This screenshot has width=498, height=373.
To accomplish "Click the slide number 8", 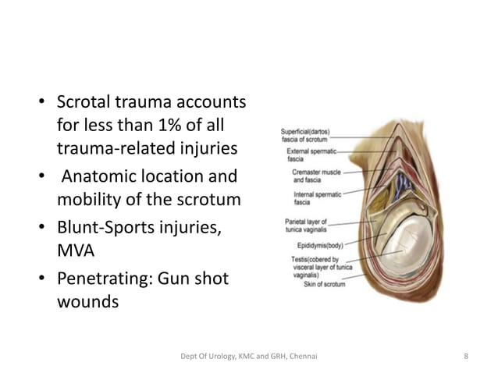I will [466, 357].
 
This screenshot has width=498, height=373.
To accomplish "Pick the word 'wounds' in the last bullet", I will [87, 302].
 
